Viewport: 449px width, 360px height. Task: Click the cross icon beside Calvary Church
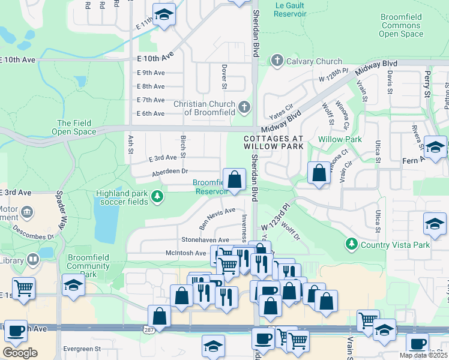[x=277, y=61]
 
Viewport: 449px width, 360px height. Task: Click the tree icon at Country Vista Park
[x=352, y=244]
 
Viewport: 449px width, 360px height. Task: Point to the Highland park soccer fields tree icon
[x=157, y=196]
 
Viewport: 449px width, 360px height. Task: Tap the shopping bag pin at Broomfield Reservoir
[x=234, y=178]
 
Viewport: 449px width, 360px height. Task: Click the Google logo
[x=20, y=353]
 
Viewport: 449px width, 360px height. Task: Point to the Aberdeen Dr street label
[x=169, y=171]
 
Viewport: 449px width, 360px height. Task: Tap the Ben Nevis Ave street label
[x=217, y=219]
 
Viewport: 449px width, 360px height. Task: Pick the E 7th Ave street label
[x=151, y=100]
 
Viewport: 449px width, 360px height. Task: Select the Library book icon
[x=34, y=260]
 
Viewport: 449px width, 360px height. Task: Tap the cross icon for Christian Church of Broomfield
[x=244, y=107]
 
